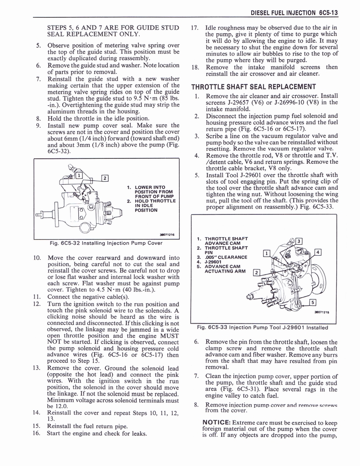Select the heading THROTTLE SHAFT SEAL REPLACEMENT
pos(254,87)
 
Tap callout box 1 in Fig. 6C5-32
pos(78,175)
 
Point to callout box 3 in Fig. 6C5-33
pos(299,241)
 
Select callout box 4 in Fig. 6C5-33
pos(318,252)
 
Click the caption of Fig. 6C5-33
pos(262,327)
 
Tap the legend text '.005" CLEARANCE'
pos(226,258)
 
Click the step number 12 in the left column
pos(38,304)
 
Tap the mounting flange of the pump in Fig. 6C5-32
pos(57,211)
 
